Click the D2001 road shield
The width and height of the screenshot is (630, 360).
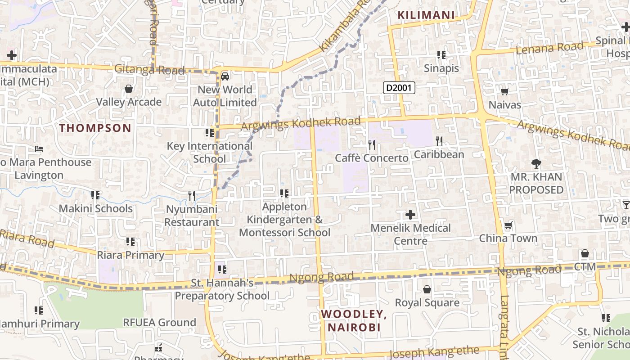point(399,87)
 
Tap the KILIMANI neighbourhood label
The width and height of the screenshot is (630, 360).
point(426,15)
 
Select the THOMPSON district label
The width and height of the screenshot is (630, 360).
point(95,128)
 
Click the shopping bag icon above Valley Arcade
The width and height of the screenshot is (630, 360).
point(129,89)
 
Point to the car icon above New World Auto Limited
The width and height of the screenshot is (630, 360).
point(225,76)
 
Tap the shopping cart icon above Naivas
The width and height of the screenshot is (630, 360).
point(504,92)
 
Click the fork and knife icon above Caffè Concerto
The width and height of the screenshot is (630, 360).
point(372,144)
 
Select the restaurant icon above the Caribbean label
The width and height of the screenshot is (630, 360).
point(439,141)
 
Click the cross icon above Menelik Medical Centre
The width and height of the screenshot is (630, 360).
point(410,214)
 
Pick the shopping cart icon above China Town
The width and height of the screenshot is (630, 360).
point(508,225)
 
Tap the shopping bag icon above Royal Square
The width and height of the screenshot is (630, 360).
point(427,289)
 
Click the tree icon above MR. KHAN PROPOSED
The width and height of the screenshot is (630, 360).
point(536,164)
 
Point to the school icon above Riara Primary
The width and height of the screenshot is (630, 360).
point(130,242)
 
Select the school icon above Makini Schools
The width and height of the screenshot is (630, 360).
point(95,195)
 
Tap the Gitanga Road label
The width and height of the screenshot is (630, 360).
point(149,70)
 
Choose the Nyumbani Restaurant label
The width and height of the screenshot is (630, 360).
point(192,216)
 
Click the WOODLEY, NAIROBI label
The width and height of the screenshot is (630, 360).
point(354,320)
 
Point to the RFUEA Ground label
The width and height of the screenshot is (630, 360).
point(160,322)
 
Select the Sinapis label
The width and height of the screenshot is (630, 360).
point(441,68)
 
